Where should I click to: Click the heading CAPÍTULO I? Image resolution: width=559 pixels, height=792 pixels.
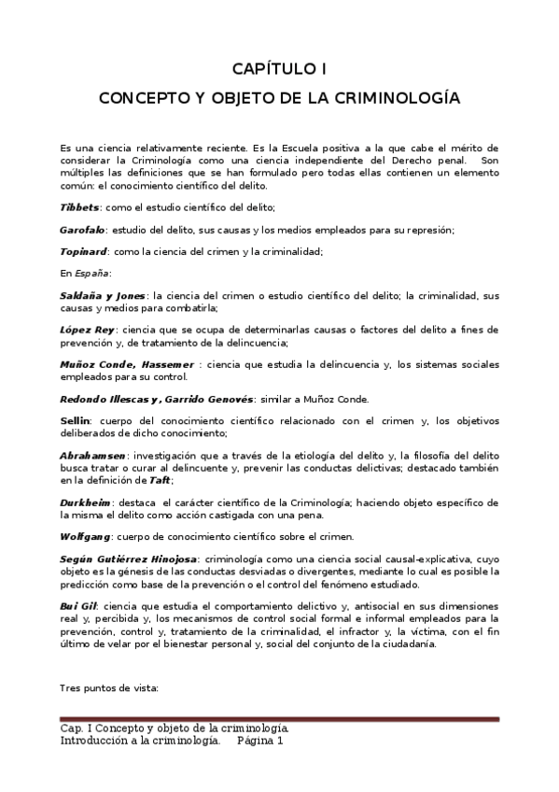[x=279, y=68]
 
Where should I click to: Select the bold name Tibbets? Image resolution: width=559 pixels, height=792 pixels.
[x=77, y=206]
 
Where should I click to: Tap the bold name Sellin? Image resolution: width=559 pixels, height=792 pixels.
[x=75, y=421]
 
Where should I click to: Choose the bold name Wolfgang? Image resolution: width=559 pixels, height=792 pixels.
[x=85, y=536]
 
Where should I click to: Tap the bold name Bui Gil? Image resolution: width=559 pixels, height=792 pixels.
[x=77, y=605]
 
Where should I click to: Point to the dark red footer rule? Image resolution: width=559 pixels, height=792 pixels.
[x=279, y=719]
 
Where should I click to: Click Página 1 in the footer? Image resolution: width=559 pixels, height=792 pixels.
[x=259, y=741]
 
